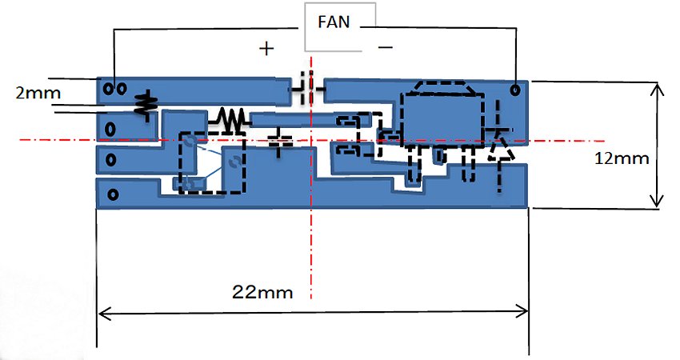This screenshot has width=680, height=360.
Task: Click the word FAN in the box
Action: (334, 22)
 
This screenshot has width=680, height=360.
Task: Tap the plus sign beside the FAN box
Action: (266, 48)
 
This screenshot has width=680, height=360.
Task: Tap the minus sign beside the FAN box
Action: (386, 46)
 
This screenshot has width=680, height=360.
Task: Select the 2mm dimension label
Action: (38, 93)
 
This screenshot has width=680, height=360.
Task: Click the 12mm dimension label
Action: (622, 158)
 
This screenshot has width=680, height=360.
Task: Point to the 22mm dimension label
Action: (262, 292)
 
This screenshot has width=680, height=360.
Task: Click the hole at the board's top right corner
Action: (515, 90)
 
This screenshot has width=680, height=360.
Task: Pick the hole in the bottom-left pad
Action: (113, 194)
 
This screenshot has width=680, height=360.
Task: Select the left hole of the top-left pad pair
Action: (108, 89)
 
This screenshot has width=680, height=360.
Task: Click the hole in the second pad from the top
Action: (111, 129)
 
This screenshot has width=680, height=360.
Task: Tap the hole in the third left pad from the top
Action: (111, 160)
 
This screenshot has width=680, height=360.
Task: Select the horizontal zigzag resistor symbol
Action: (229, 119)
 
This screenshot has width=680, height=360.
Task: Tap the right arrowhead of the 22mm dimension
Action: (522, 311)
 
